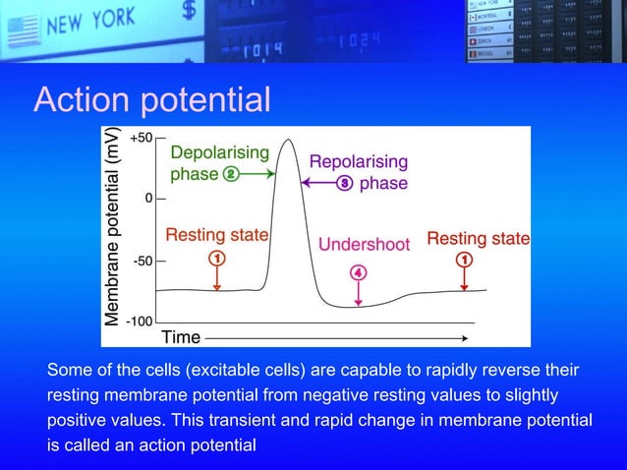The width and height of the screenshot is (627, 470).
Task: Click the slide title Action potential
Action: click(x=151, y=99)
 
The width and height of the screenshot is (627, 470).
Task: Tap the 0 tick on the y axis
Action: click(x=148, y=199)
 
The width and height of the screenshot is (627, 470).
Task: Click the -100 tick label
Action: click(x=139, y=322)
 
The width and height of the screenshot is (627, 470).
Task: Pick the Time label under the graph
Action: click(x=181, y=337)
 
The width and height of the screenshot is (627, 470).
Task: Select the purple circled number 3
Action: click(x=345, y=183)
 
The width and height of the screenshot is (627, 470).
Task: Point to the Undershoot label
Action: click(x=364, y=244)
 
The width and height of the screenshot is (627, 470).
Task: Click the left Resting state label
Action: click(x=216, y=236)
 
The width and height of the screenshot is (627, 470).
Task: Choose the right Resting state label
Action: click(x=478, y=238)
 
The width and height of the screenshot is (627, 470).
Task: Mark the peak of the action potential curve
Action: click(x=288, y=140)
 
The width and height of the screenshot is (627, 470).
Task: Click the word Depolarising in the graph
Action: click(x=219, y=152)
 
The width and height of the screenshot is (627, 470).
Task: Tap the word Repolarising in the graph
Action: click(x=359, y=161)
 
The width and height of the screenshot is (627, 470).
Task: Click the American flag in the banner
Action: click(x=21, y=33)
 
